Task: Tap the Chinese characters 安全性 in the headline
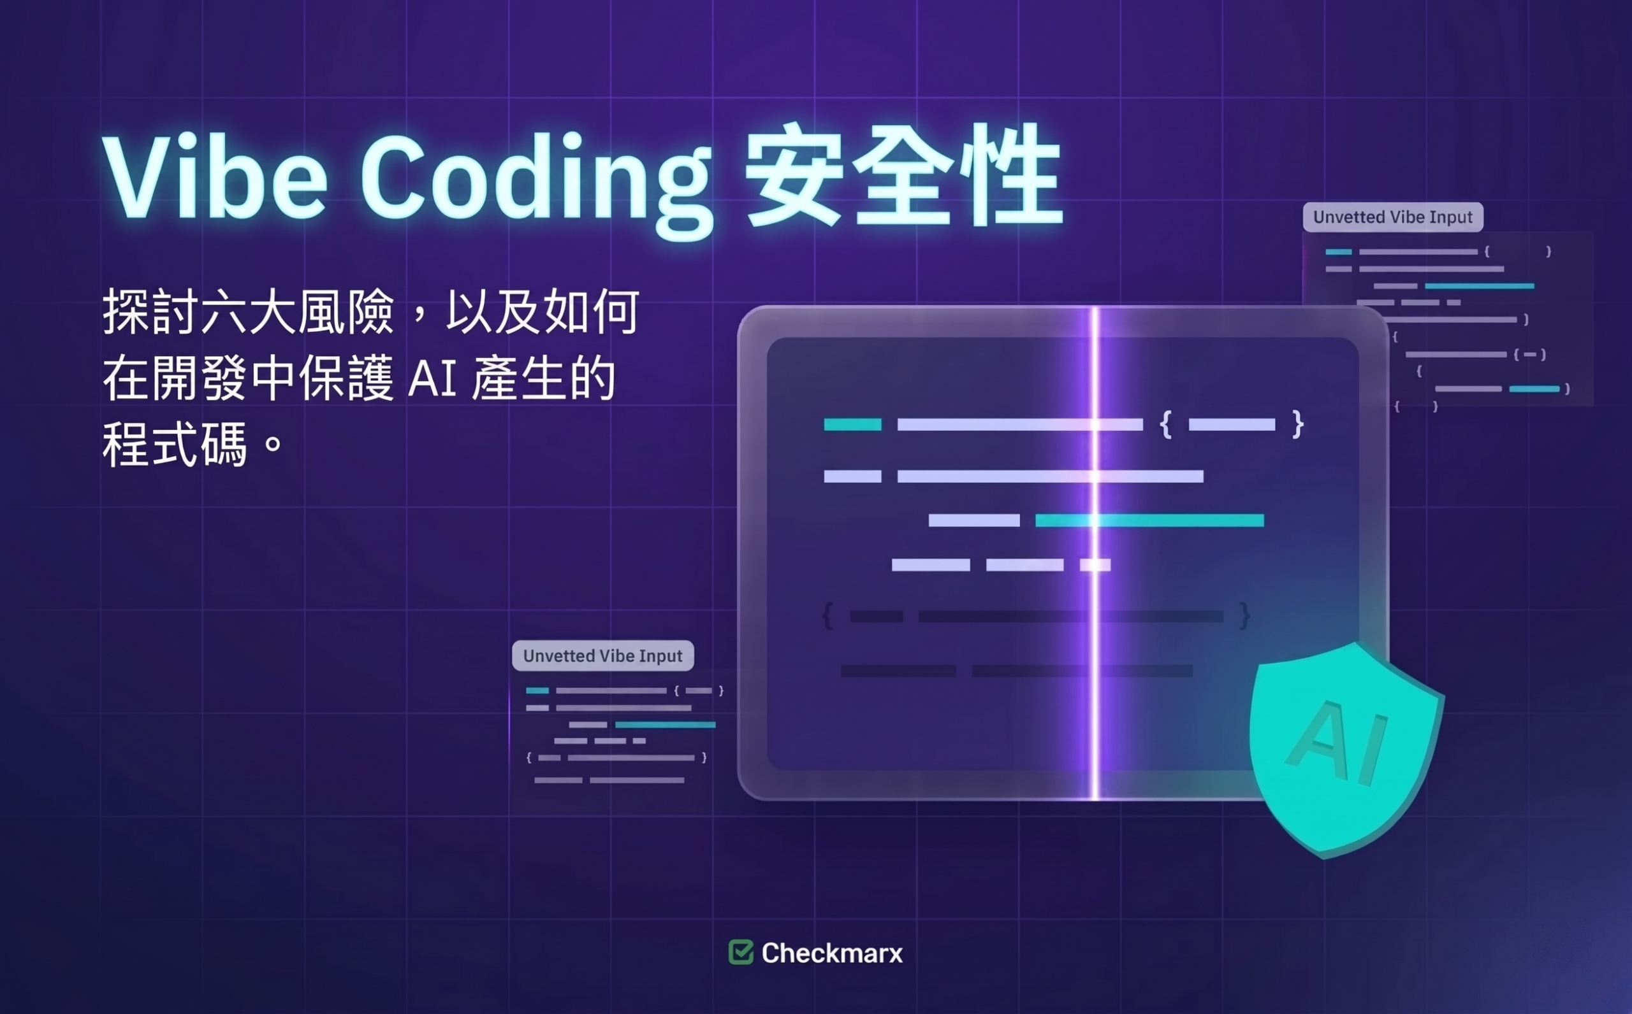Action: point(903,176)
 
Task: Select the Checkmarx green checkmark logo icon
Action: point(741,952)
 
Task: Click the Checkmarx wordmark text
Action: point(832,953)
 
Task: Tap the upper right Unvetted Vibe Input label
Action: point(1392,217)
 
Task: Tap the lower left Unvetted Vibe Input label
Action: point(602,656)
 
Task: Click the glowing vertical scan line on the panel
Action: point(1095,553)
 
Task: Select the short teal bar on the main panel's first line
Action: point(852,424)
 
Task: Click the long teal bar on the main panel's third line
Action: point(1149,520)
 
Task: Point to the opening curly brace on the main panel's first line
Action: point(1165,424)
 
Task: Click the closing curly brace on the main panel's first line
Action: point(1298,424)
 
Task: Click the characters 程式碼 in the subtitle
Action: point(175,444)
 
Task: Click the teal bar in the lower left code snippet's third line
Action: point(665,724)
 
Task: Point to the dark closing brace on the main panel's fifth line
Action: point(1244,616)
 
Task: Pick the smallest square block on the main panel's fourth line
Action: point(1095,566)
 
